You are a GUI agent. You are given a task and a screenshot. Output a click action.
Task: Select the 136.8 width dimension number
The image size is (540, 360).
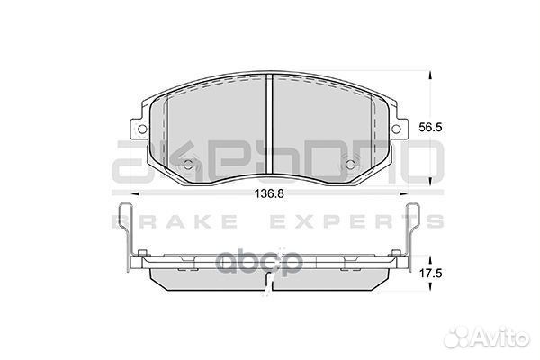pos(272,192)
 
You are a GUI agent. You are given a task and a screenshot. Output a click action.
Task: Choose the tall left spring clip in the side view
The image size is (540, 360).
pos(125,234)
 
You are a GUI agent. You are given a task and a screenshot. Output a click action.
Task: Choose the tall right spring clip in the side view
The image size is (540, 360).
pos(416,234)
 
